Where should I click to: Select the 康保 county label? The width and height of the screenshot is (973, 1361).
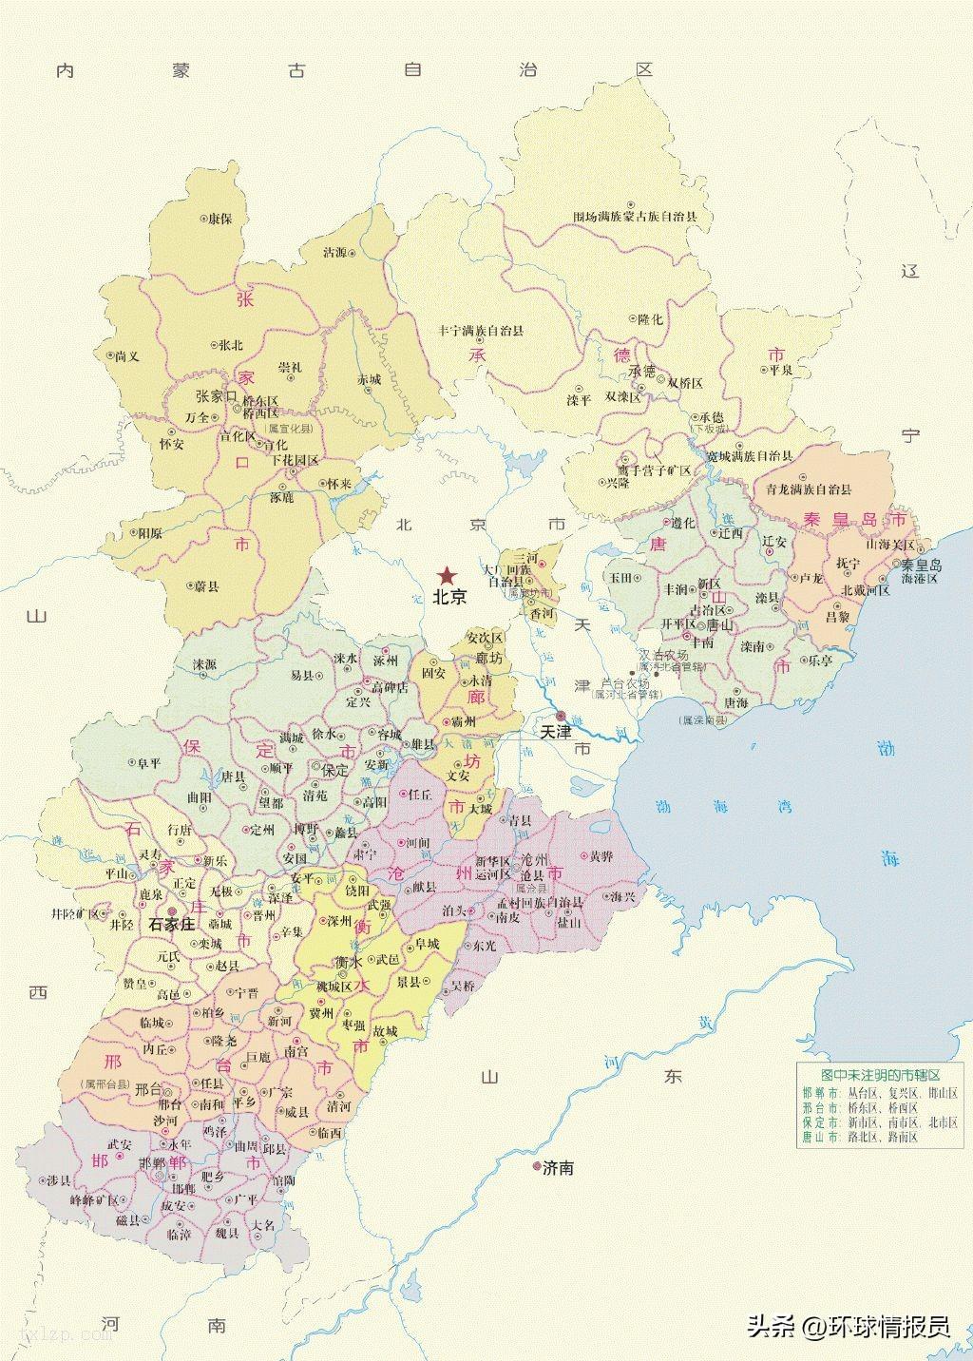(x=220, y=219)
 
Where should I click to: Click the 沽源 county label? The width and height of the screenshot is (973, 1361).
(x=335, y=253)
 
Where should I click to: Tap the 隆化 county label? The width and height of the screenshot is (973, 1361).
(x=651, y=319)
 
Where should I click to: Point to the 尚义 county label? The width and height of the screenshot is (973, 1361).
(x=126, y=355)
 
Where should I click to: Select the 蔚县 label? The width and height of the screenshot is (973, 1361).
(x=206, y=587)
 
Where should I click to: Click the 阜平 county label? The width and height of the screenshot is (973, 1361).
(x=149, y=762)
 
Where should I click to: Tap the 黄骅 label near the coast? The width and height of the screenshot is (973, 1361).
(x=601, y=855)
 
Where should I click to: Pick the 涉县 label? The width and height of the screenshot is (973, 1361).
(x=59, y=1180)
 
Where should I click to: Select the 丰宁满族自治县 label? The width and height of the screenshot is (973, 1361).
(x=480, y=331)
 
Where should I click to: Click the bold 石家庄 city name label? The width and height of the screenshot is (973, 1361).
(x=172, y=923)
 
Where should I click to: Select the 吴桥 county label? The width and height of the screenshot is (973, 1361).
(x=464, y=985)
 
